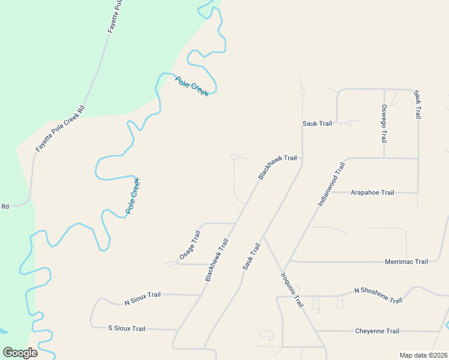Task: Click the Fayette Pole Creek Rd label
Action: pos(61,128)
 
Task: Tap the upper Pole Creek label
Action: pos(192,86)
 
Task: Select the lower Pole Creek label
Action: pos(133,196)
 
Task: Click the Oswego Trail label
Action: pos(384,124)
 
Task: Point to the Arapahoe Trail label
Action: pos(372,193)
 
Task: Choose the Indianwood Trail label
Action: pos(331,185)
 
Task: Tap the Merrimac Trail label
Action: pos(406,262)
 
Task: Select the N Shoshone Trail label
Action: pos(378,295)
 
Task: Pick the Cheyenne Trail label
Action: pos(377,331)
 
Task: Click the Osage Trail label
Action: pos(189,245)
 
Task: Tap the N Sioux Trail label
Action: pos(142,298)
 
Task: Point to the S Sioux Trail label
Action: pos(127,329)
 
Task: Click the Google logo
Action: pos(20,353)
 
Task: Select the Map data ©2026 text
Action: pos(423,355)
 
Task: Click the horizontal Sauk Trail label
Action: pos(317,124)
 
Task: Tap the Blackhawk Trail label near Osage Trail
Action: pos(217,260)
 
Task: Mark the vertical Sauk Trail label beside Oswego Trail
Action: pos(418,104)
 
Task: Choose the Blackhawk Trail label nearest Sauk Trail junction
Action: pos(277,167)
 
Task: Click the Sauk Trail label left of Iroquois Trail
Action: pos(252,256)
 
